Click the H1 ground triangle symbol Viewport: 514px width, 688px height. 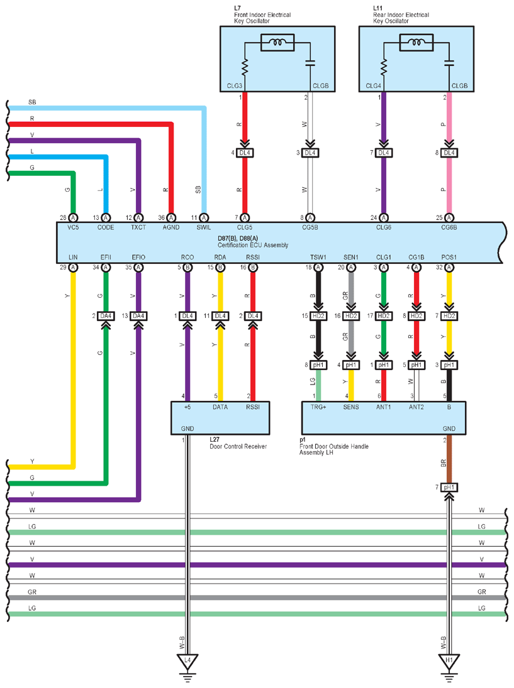click(x=449, y=662)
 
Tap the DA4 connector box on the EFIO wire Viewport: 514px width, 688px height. click(x=139, y=315)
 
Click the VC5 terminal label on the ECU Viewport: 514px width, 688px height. click(x=73, y=227)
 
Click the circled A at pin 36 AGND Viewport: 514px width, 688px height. click(x=171, y=217)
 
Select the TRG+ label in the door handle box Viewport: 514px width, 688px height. click(x=319, y=407)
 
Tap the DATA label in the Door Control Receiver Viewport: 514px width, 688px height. click(x=220, y=407)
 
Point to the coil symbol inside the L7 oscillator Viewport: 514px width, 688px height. click(x=277, y=43)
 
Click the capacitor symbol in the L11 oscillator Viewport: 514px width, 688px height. click(x=449, y=63)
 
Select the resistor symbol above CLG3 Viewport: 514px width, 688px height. click(x=245, y=65)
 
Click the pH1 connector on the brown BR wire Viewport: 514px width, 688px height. click(x=449, y=487)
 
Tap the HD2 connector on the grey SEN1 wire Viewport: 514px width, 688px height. click(x=351, y=315)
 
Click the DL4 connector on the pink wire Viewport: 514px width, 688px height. click(x=449, y=153)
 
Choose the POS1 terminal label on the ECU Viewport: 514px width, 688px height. click(x=449, y=258)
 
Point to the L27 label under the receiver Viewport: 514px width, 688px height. click(x=216, y=440)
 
